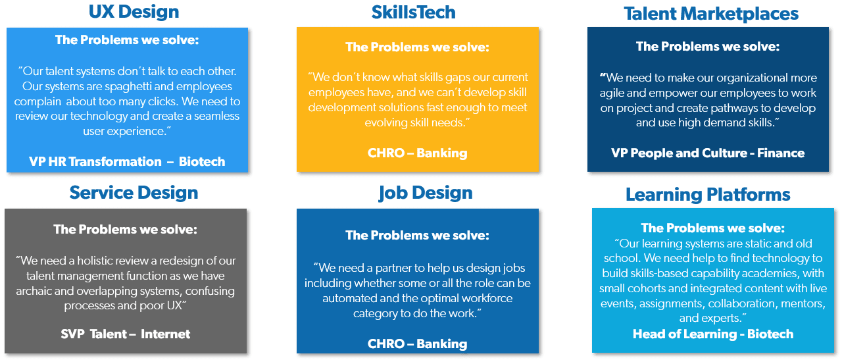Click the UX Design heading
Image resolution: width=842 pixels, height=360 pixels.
coord(134,12)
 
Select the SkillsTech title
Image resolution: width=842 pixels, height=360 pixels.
coord(414,13)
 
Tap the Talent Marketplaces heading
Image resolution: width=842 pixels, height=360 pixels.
coord(711,14)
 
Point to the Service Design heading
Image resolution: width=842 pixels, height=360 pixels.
coord(134,193)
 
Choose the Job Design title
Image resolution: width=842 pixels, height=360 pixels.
coord(426,193)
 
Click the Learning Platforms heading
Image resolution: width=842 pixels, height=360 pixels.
coord(708,195)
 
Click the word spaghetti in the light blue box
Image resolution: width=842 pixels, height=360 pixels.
coord(128,87)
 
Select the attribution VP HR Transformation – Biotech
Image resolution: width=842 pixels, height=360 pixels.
coord(127,161)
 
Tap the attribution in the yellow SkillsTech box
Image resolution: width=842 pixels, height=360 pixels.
coord(417,153)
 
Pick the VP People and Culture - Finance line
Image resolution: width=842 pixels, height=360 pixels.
coord(708,153)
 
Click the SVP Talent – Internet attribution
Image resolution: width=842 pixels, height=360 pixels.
coord(126,334)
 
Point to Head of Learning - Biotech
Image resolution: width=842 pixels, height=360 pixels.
coord(713,334)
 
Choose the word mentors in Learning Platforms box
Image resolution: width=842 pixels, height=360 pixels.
coord(803,303)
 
